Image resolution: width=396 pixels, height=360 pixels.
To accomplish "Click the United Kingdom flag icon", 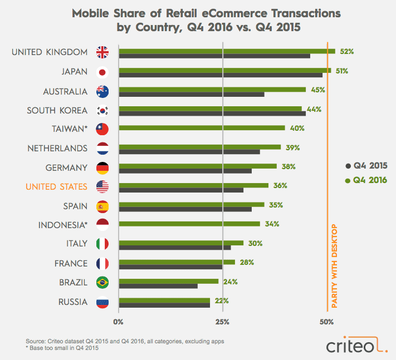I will tap(103, 52).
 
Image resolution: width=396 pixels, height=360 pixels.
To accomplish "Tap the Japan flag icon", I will tap(103, 72).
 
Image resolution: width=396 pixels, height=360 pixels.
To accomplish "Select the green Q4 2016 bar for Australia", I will tap(212, 89).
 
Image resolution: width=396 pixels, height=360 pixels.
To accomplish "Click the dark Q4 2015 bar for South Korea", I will tap(212, 114).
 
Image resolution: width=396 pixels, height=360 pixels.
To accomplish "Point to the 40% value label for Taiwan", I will tap(297, 128).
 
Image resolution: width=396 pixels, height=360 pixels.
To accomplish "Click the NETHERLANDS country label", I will tap(57, 148).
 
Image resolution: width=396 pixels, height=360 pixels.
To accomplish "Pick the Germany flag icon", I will tap(103, 167).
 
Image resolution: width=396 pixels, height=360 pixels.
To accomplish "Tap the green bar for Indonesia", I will tap(189, 224).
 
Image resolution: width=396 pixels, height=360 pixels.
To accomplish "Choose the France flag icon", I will tap(103, 263).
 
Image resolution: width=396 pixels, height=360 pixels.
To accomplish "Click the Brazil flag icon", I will tap(103, 283).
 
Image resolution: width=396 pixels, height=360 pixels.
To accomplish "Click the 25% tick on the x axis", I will tap(222, 322).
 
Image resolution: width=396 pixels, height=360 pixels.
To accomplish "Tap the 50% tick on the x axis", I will tap(327, 322).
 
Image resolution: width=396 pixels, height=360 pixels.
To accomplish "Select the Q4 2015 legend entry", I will tap(365, 165).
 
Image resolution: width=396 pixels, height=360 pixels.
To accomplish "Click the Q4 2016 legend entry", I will tap(365, 180).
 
